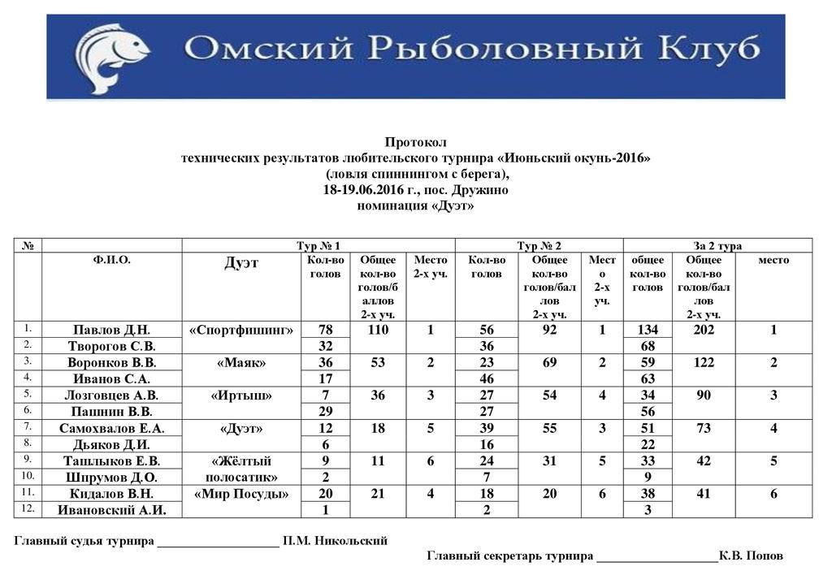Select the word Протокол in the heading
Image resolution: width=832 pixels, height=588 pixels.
coord(415,142)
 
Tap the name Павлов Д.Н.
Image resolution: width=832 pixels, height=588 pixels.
coord(111,330)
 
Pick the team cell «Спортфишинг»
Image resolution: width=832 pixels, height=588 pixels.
coord(241,330)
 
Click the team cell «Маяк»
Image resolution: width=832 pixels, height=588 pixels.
coord(241,362)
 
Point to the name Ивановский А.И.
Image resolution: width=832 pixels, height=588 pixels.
coord(111,509)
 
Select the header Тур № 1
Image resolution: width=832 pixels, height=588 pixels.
coord(318,245)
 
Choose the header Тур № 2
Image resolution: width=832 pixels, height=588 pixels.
coord(539,245)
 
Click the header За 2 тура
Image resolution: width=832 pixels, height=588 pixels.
coord(717,245)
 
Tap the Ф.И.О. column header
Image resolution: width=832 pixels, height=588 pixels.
coord(111,260)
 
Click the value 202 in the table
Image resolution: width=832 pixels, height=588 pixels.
coord(704,330)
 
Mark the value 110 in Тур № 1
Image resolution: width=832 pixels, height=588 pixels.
coord(378,330)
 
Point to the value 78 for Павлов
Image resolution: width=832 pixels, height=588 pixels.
coord(326,330)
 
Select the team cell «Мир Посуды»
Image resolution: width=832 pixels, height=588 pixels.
coord(241,493)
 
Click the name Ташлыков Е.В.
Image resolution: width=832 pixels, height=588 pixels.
coord(111,460)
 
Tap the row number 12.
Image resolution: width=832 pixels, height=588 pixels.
coord(28,508)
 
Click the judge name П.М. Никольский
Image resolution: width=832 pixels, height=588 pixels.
coord(335,541)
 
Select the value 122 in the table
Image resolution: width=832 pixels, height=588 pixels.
coord(704,362)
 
